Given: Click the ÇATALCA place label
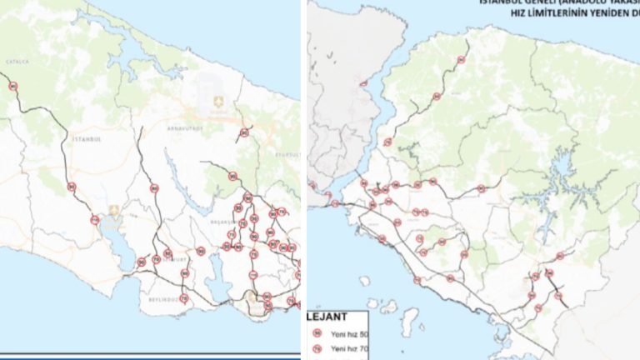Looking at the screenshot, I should coord(17,62).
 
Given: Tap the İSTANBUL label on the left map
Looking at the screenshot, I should coord(86,138).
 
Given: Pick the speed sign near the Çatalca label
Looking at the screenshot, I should coord(12,86).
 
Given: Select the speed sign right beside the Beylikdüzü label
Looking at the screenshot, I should coord(183,297).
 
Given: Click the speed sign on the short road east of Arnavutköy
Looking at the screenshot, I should coord(244,132).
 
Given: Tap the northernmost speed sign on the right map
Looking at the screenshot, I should coord(461,60).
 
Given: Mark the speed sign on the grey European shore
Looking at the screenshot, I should coord(362,82).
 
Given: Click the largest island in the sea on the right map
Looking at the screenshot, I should coord(408,320).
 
